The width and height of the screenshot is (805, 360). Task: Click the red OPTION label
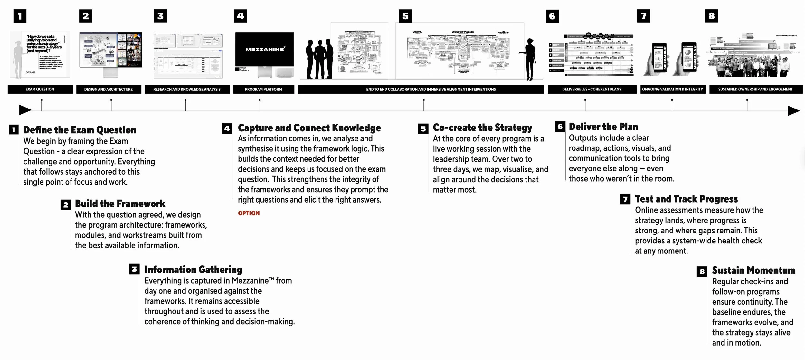click(x=249, y=213)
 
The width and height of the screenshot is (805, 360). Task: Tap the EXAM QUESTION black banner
click(x=40, y=89)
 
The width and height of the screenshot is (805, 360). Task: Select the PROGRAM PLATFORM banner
click(x=263, y=89)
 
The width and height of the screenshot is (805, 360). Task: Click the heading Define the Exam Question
click(x=80, y=130)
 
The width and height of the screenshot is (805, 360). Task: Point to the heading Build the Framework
click(x=120, y=204)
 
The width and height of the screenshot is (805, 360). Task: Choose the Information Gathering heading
click(x=193, y=270)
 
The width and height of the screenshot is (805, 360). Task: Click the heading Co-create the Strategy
click(x=482, y=128)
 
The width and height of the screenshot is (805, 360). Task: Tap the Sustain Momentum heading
click(x=753, y=270)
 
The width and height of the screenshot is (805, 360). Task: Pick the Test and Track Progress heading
click(x=686, y=199)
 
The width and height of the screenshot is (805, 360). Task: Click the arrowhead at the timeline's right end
click(x=793, y=111)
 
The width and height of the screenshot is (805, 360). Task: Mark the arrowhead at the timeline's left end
click(x=25, y=110)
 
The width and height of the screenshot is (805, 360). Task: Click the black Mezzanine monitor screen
click(x=265, y=49)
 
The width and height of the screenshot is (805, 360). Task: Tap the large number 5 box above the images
click(x=405, y=16)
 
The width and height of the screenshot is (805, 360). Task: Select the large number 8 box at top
click(x=711, y=16)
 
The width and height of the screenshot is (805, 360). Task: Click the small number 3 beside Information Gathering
click(x=134, y=269)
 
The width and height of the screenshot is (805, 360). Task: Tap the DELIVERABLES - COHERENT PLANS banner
click(x=592, y=89)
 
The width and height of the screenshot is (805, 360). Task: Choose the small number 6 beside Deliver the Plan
click(x=560, y=127)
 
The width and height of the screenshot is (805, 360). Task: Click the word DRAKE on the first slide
click(x=31, y=73)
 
